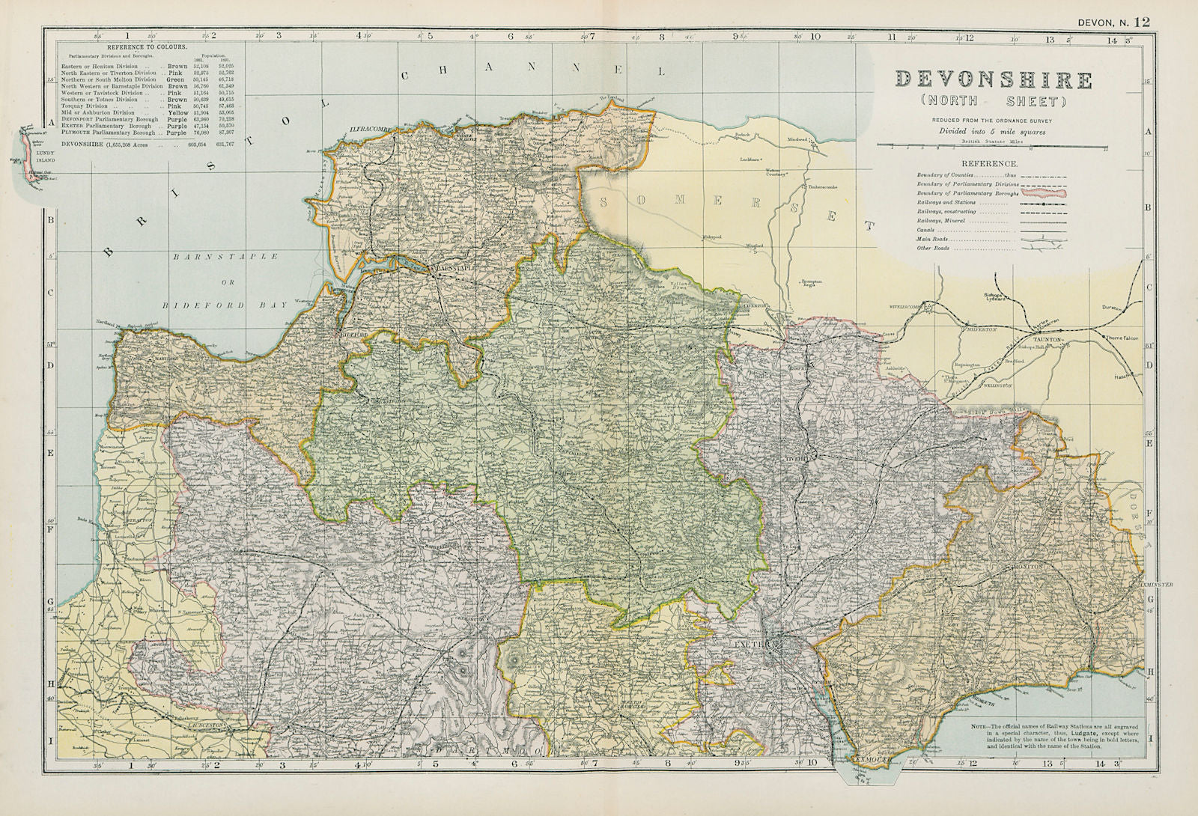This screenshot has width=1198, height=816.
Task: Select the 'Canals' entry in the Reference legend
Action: (x=928, y=231)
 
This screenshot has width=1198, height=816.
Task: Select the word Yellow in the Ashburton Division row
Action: (x=177, y=112)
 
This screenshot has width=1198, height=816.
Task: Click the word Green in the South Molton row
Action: (x=176, y=79)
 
